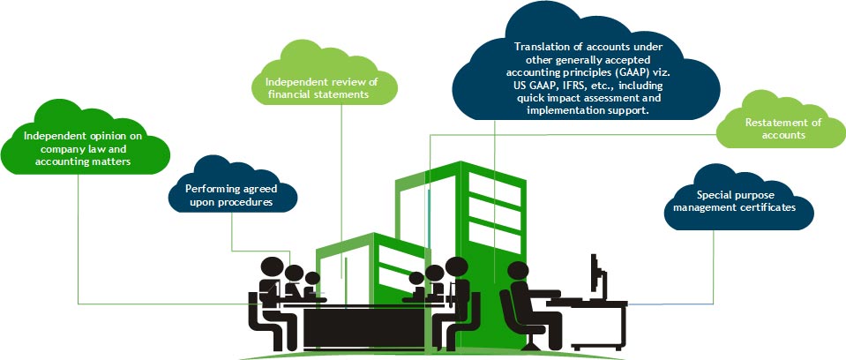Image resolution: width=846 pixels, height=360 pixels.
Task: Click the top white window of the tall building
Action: tap(492, 190)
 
